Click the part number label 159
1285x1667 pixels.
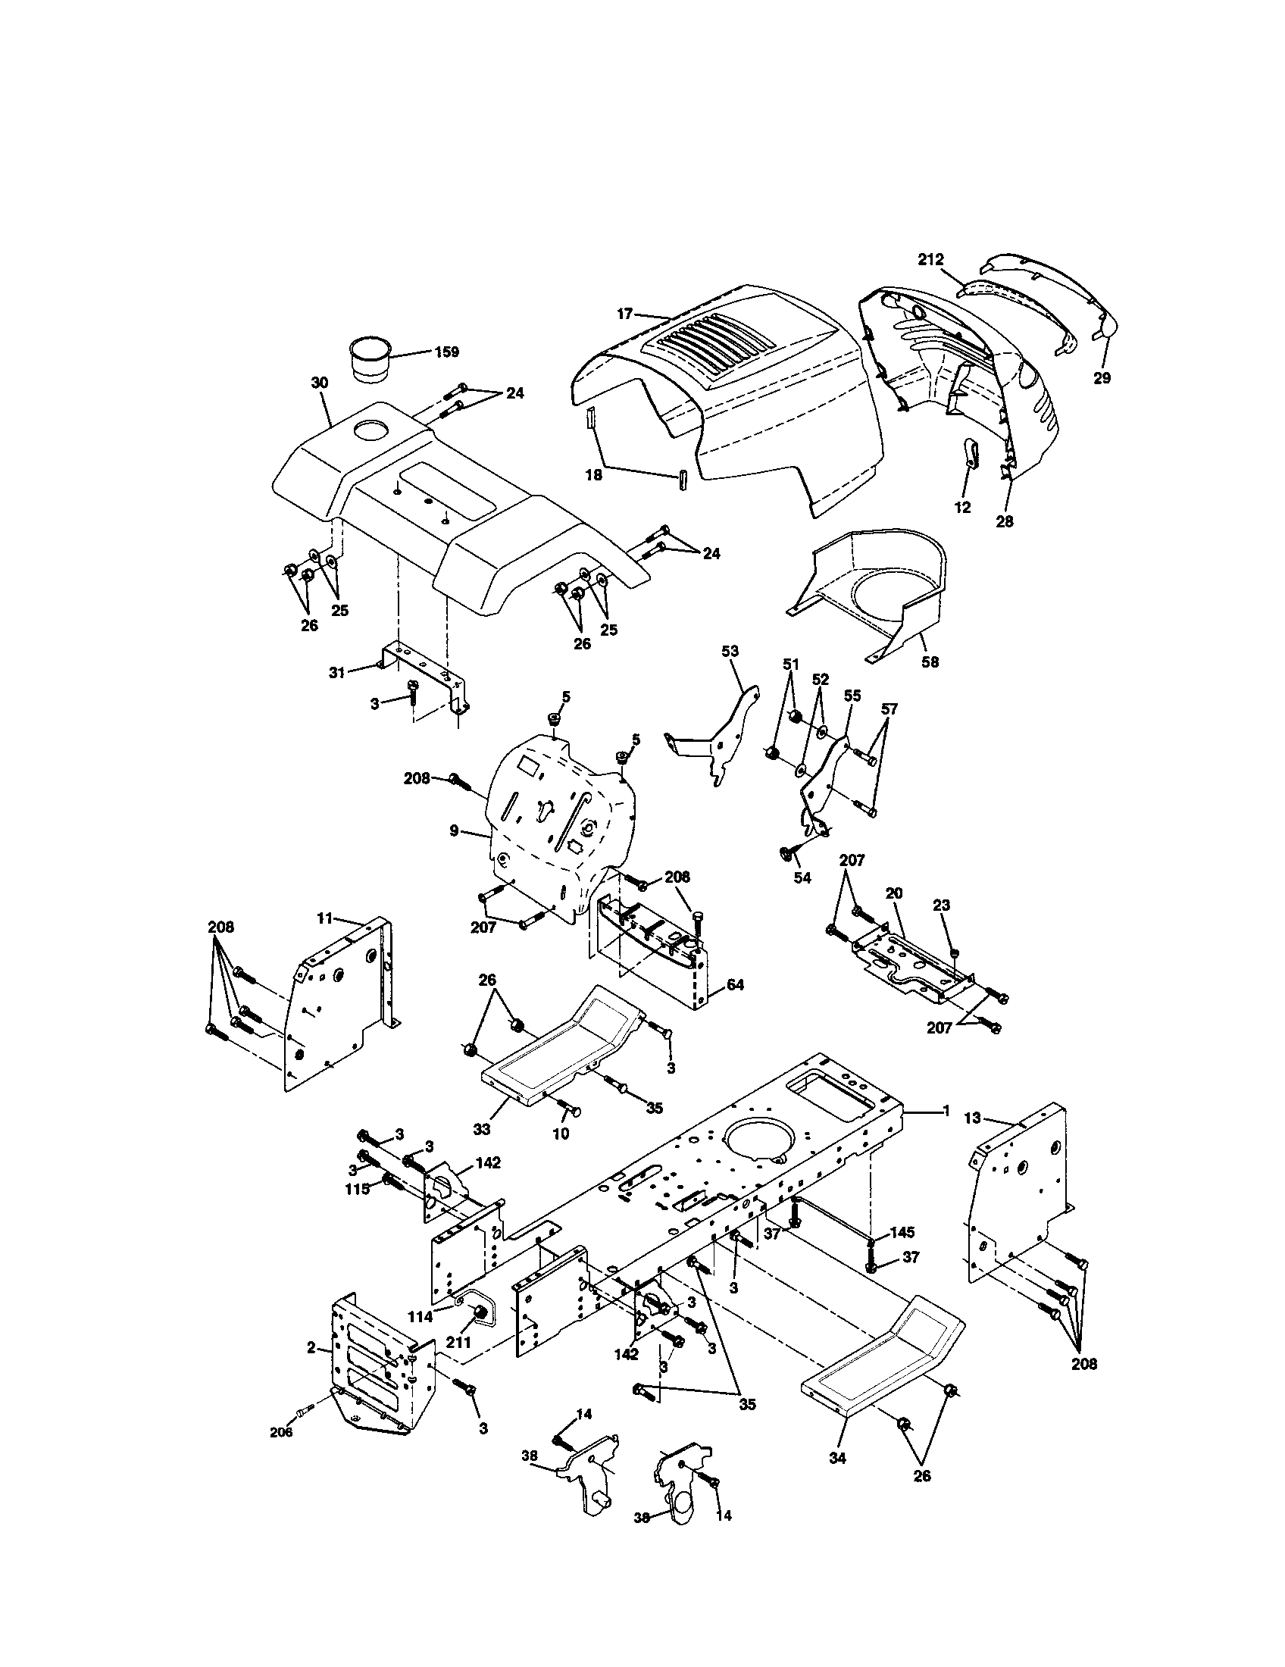(x=447, y=352)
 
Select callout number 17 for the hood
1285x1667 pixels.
(x=625, y=313)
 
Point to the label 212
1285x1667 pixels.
(x=931, y=259)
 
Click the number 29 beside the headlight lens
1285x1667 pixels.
(x=1101, y=377)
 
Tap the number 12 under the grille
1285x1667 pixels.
(x=963, y=508)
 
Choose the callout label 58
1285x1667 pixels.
(x=930, y=661)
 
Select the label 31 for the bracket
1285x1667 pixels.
(x=337, y=671)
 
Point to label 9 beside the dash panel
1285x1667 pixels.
(x=454, y=830)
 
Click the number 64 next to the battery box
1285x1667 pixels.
(x=735, y=985)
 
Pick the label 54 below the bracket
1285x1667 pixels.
(x=802, y=878)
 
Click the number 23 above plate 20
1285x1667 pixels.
(x=942, y=905)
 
